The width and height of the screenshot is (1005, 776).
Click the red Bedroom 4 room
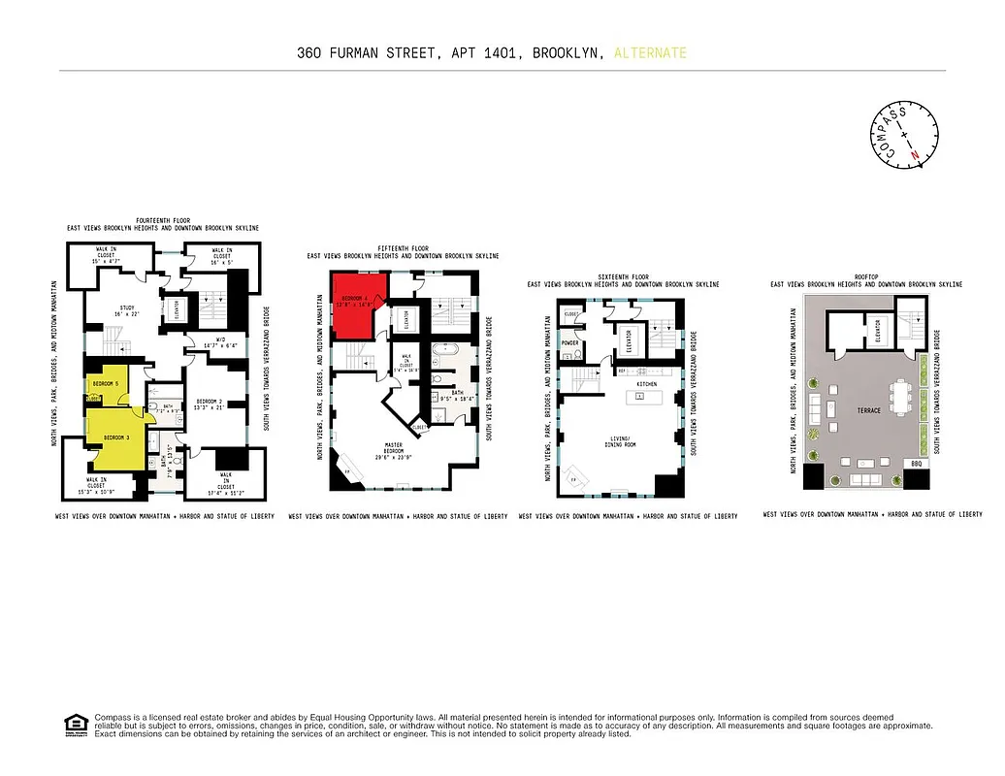coord(359,303)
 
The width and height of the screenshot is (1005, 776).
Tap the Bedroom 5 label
coord(104,384)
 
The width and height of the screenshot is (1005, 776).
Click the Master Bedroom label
coord(394,447)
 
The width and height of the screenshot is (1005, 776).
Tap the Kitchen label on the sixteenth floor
coord(647,384)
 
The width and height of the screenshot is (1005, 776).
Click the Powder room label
coord(569,342)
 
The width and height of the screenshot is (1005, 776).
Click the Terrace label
coord(868,410)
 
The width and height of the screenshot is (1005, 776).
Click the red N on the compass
coord(913,155)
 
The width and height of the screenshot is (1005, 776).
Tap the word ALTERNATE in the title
coord(650,53)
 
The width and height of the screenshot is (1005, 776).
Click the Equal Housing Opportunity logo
coord(73,723)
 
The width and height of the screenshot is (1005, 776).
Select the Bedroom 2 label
coord(211,403)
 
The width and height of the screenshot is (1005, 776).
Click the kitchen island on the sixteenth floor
coord(647,397)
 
